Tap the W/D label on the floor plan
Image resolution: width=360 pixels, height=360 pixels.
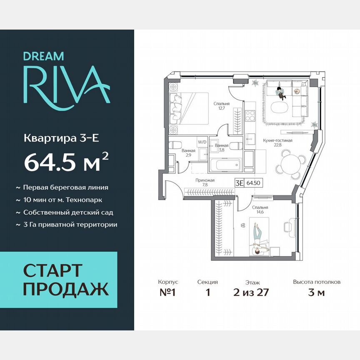point(202,142)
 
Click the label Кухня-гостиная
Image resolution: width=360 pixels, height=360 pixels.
point(277,140)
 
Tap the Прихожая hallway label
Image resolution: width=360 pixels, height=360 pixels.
point(205,180)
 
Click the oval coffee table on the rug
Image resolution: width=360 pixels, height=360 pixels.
point(280,107)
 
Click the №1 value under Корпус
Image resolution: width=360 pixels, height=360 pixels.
point(168,292)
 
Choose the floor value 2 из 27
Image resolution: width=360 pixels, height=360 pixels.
point(252,292)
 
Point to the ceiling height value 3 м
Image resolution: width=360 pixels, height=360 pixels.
point(317,292)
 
